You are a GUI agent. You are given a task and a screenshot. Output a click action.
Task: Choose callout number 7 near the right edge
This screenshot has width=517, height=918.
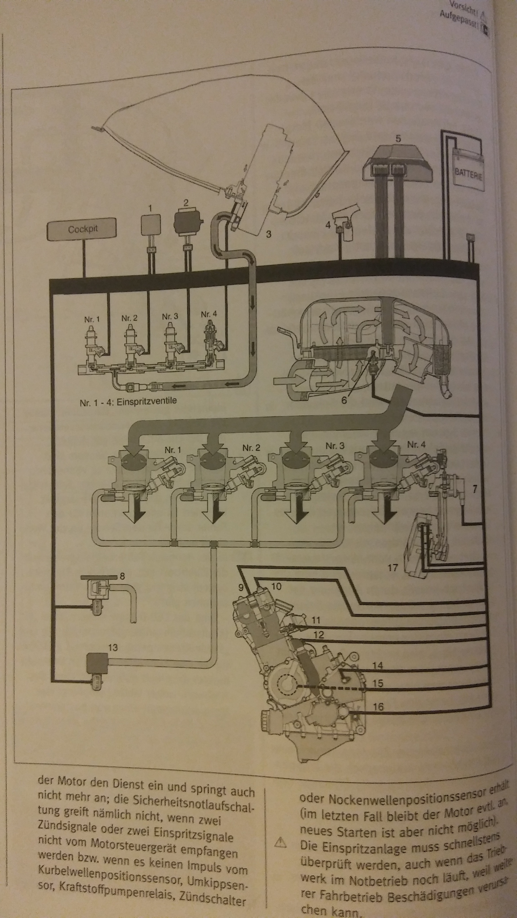pyautogui.click(x=474, y=489)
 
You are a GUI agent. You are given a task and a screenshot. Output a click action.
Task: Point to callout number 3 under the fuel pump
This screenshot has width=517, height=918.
pyautogui.click(x=268, y=234)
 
